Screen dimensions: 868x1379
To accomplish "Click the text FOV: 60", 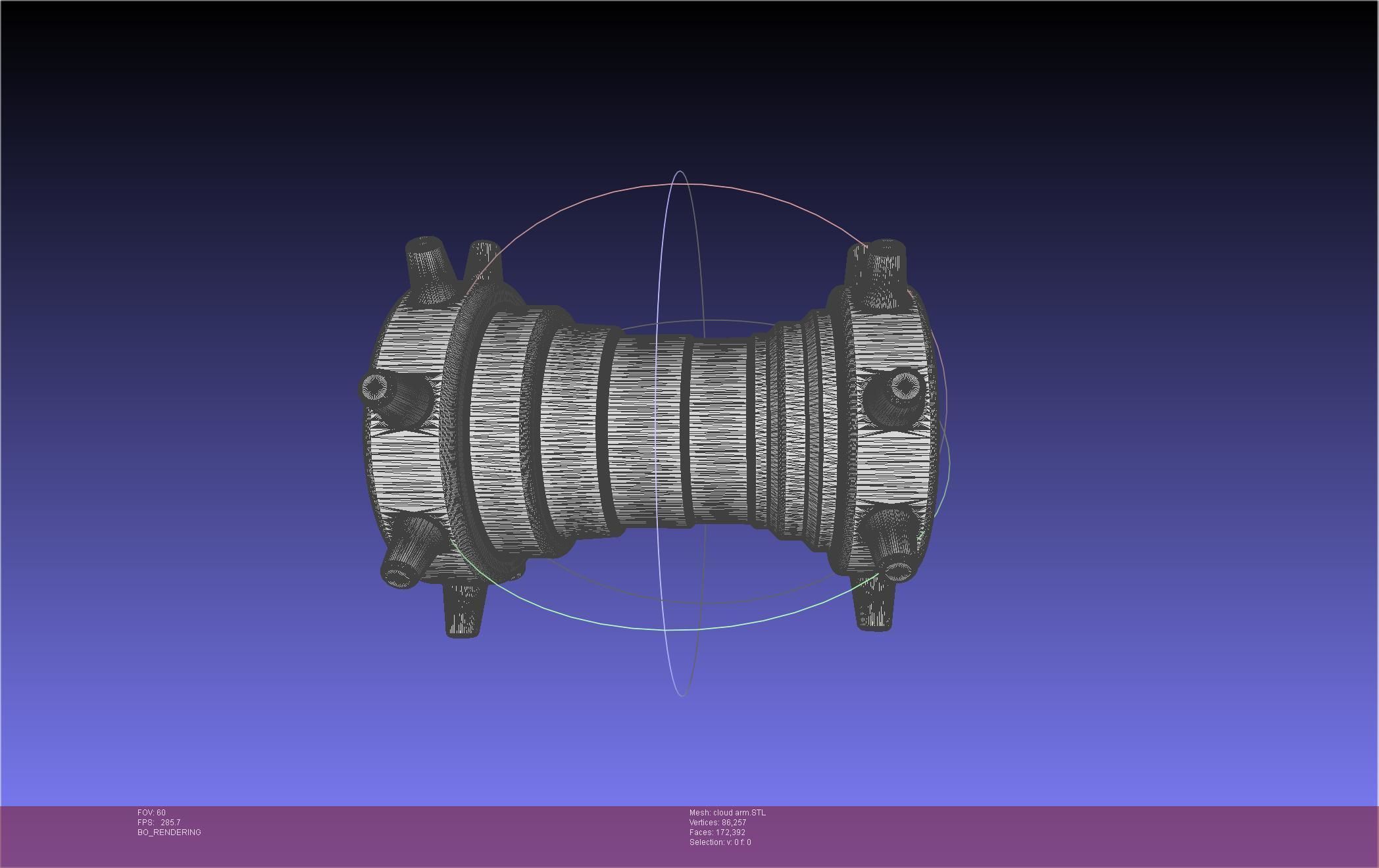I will pyautogui.click(x=151, y=813).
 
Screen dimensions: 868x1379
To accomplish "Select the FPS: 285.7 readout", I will pyautogui.click(x=159, y=823).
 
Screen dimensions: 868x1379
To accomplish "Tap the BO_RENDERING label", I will pyautogui.click(x=169, y=832).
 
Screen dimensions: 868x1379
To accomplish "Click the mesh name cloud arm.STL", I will pyautogui.click(x=727, y=813).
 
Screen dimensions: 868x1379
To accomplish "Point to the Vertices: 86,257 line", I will pyautogui.click(x=717, y=823).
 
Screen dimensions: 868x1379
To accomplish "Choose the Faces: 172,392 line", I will pyautogui.click(x=717, y=832).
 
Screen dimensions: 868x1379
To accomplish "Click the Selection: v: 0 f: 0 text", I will pyautogui.click(x=720, y=842).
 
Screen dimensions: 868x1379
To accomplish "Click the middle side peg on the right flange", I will pyautogui.click(x=897, y=395).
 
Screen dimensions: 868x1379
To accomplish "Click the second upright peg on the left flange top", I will pyautogui.click(x=484, y=263).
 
